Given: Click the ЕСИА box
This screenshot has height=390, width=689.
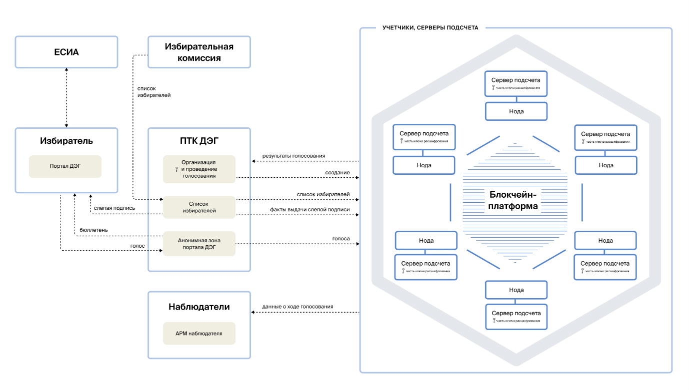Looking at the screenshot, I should point(66,52).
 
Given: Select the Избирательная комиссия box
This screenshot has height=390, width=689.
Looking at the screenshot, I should point(199,52).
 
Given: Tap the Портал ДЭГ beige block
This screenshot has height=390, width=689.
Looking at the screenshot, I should point(65,167).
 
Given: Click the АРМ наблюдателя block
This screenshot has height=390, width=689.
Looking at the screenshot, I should point(199,333).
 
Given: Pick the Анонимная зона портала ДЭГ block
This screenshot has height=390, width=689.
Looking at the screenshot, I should point(199,244).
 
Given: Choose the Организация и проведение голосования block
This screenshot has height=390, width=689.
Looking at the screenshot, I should point(199,169).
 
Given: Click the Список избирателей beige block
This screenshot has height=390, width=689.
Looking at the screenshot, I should point(199,207).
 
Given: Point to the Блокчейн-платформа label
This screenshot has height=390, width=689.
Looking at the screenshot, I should point(513,200).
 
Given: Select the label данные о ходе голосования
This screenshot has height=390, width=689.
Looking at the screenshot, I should point(297,306).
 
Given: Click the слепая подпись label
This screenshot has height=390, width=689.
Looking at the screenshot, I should point(114,208).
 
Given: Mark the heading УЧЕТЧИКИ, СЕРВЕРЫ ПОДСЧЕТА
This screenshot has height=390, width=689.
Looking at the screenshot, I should point(430,28).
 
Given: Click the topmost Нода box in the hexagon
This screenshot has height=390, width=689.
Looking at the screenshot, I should point(516,111).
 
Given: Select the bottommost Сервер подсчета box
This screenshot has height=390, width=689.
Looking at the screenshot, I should point(516,316).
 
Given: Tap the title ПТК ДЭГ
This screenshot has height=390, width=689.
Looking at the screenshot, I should point(199,141).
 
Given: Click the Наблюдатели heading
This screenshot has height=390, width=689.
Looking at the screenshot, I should point(199,307).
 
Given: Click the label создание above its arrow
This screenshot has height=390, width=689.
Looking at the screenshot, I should point(337,173).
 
